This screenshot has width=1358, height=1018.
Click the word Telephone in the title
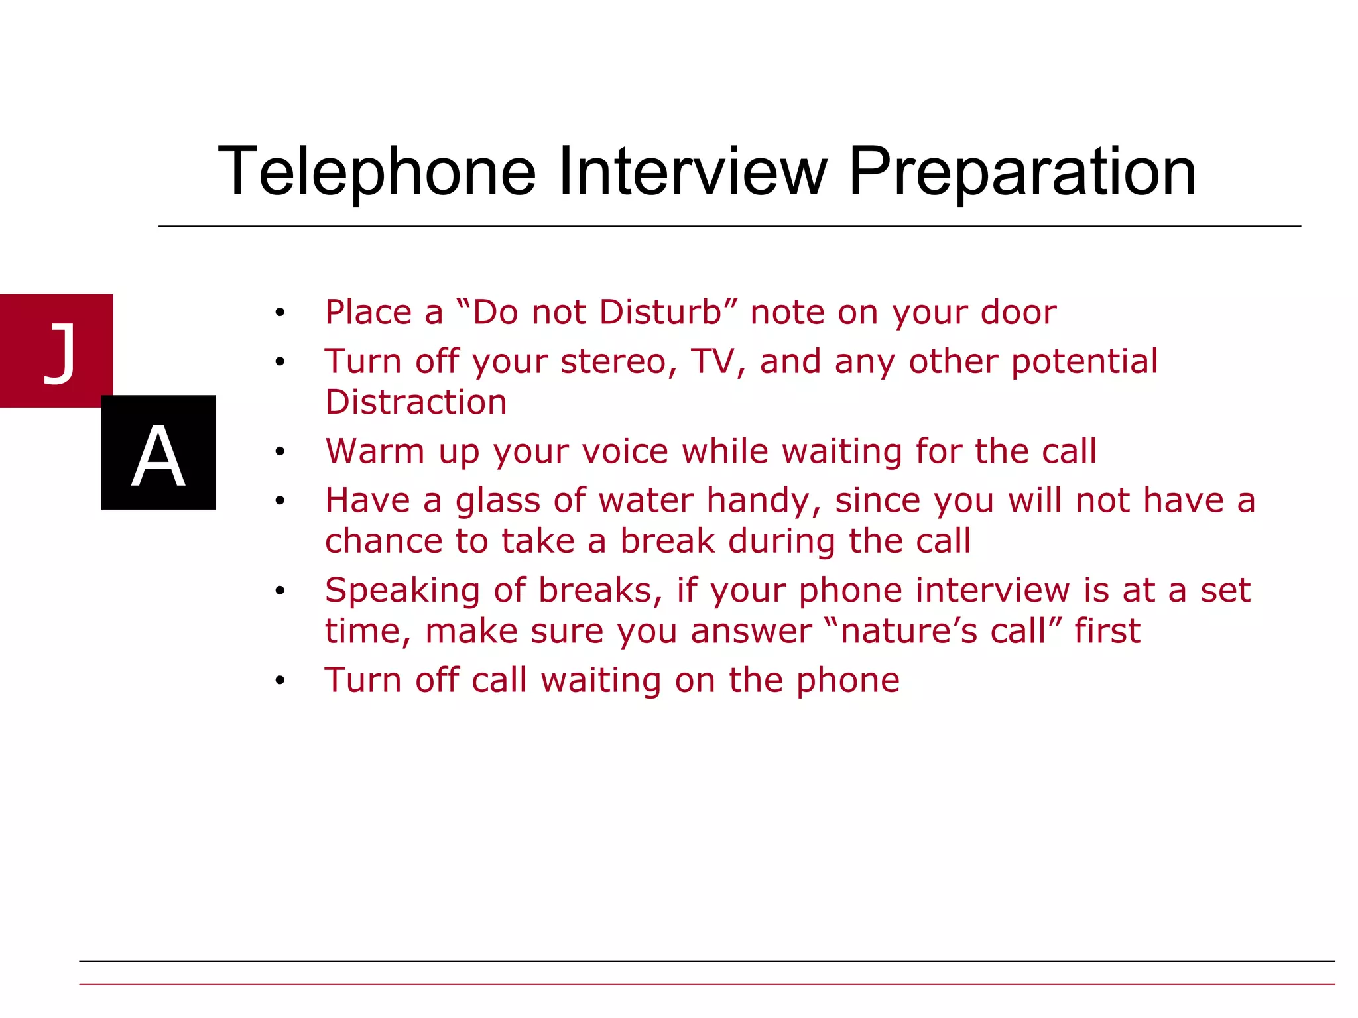tap(377, 172)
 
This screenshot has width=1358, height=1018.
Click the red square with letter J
tap(56, 350)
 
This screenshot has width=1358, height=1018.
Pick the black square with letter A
tap(158, 453)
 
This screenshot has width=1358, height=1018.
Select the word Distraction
tap(416, 402)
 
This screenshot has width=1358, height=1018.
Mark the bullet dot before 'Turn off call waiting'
tap(280, 681)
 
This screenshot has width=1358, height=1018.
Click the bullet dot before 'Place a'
tap(280, 312)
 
